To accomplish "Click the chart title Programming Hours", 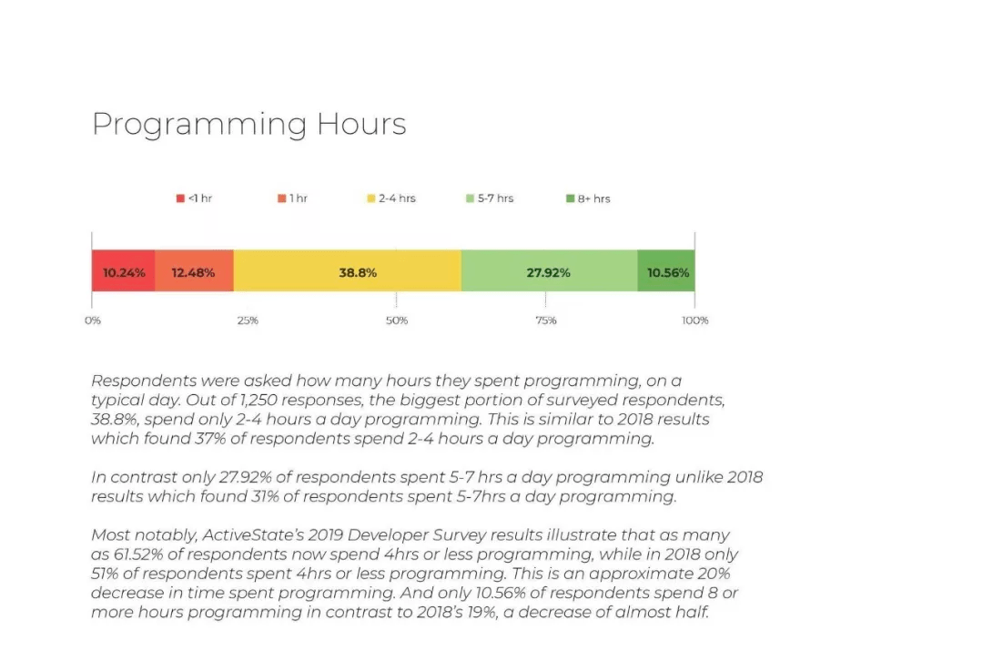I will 248,125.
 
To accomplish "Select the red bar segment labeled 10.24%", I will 123,272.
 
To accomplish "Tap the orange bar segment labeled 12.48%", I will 194,272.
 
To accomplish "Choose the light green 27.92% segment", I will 549,272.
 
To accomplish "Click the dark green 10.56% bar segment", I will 666,272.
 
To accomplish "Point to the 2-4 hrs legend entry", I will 391,198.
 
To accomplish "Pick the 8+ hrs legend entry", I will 588,198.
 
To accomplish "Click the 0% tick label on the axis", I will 93,320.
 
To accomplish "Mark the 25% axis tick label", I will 247,320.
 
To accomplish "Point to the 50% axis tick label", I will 396,320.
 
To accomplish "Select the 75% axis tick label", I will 546,320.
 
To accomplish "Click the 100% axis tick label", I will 694,320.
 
